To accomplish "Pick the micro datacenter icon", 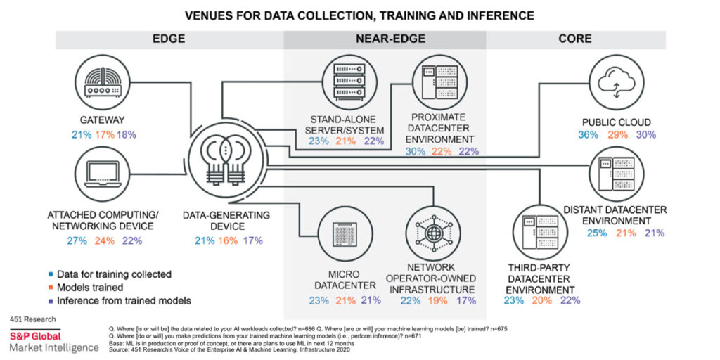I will (x=344, y=232).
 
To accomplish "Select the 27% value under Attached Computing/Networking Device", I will (x=76, y=240).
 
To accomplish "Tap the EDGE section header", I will (x=169, y=39).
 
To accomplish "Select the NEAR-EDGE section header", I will (x=385, y=39).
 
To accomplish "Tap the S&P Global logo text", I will (x=34, y=336).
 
